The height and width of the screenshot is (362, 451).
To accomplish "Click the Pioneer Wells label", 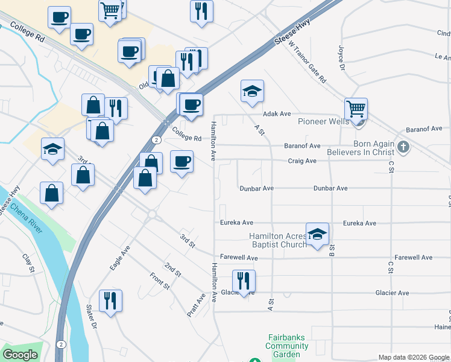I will pos(323,121).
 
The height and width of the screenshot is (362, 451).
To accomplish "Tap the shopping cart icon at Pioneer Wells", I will pos(356,110).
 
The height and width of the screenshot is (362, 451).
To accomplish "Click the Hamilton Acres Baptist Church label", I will pos(278,240).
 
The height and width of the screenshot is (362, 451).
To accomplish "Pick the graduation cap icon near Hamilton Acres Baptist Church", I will pos(317,234).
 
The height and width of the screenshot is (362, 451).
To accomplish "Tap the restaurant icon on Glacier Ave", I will pos(244,281).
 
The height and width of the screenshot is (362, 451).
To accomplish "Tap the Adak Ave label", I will pos(277,113).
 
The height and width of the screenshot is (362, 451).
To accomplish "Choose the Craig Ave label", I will pos(302,161).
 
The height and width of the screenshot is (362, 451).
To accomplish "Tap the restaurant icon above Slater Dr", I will pos(110,300).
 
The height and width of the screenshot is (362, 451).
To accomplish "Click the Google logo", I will pos(20,355).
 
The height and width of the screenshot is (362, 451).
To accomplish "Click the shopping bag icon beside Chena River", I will pos(52,193).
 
